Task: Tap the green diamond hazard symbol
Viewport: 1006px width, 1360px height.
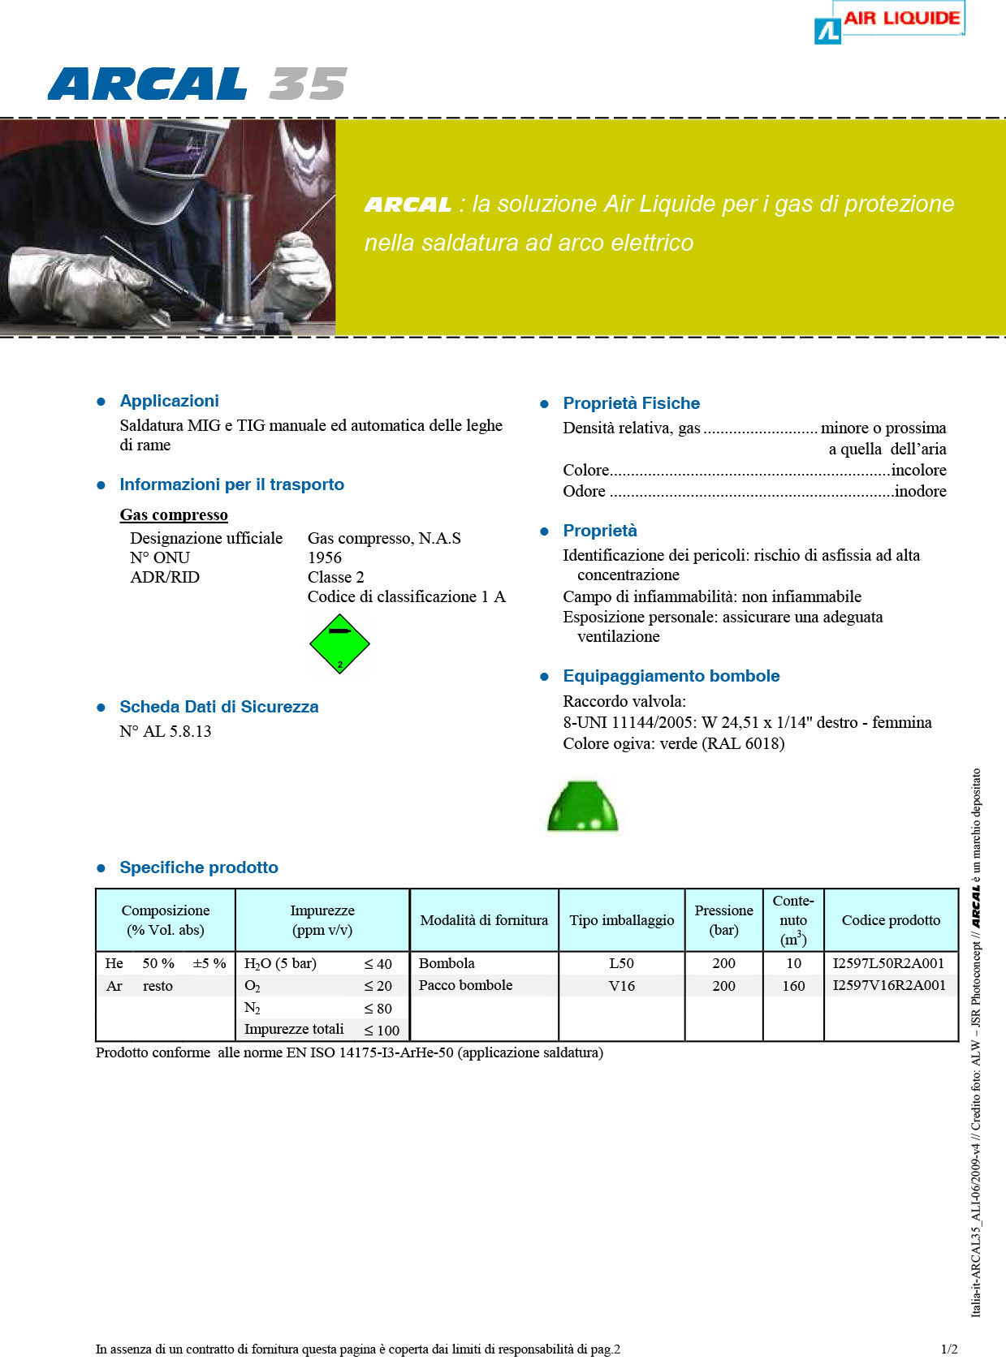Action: click(x=339, y=644)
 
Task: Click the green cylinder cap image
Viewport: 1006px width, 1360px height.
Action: click(x=582, y=807)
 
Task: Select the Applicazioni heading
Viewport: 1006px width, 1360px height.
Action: click(x=169, y=401)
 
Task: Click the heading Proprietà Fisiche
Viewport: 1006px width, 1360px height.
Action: click(x=631, y=403)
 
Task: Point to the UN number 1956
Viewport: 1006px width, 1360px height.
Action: click(x=325, y=557)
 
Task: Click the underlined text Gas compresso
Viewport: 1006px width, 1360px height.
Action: click(x=174, y=515)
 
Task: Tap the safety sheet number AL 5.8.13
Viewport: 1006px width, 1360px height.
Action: click(x=166, y=731)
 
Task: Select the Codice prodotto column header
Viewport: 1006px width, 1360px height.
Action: click(x=891, y=920)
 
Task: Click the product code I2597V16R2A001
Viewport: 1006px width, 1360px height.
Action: click(x=889, y=985)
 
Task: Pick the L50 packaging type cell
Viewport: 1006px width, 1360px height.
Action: click(x=621, y=963)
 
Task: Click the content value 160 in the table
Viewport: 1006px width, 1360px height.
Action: click(x=793, y=986)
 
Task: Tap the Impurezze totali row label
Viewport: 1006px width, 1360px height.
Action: click(x=294, y=1029)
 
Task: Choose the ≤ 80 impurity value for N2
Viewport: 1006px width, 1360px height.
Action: click(x=378, y=1009)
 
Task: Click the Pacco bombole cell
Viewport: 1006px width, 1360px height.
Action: click(x=465, y=985)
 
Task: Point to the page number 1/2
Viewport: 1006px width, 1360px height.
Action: click(x=949, y=1349)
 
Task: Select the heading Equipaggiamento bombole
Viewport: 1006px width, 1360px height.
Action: click(x=671, y=676)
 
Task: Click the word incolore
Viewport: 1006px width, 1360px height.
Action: click(x=918, y=470)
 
